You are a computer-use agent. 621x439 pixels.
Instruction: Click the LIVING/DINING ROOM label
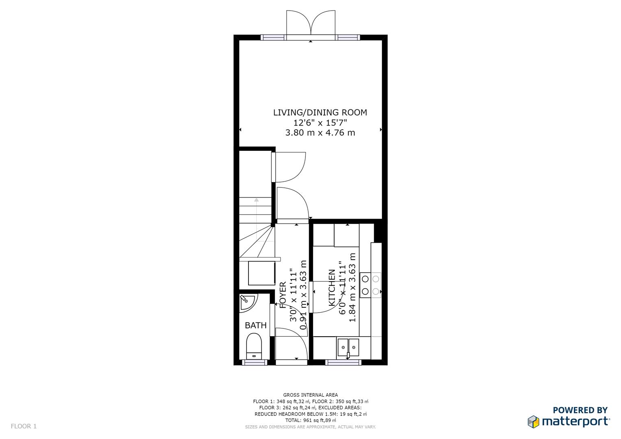(320, 113)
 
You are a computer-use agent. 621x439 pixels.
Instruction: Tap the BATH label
(256, 325)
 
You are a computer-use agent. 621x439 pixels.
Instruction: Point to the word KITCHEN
(332, 288)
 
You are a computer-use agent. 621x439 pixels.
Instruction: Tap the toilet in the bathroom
(254, 346)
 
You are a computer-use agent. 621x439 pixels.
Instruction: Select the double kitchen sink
(348, 348)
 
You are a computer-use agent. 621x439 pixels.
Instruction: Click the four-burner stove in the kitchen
(370, 285)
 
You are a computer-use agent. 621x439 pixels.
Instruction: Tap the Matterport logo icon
(534, 422)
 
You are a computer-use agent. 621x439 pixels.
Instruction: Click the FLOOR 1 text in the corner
(24, 426)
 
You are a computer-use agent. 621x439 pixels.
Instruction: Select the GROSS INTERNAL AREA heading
(310, 395)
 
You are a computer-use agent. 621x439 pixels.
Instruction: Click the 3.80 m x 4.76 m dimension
(320, 133)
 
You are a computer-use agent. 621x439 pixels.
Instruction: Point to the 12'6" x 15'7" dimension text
(320, 123)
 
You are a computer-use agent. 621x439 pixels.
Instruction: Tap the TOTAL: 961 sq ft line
(310, 420)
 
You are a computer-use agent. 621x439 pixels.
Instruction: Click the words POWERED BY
(580, 410)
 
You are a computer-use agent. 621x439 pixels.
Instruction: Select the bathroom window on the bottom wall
(255, 362)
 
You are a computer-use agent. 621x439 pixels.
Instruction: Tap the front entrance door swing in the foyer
(291, 343)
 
